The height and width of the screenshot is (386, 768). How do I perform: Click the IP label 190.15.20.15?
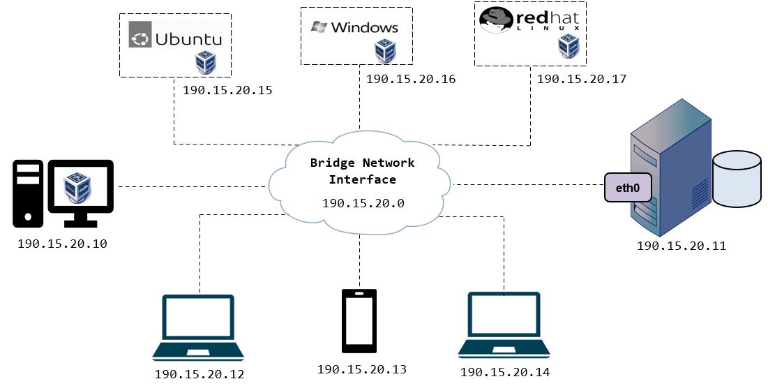(x=227, y=91)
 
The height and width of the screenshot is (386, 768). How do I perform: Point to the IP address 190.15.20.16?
(x=411, y=80)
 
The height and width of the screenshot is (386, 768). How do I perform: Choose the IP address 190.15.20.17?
(x=582, y=80)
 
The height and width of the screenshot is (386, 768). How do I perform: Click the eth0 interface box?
(x=628, y=188)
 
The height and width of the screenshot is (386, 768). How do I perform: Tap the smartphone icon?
(x=359, y=320)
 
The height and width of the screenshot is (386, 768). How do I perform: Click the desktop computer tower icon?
(x=28, y=193)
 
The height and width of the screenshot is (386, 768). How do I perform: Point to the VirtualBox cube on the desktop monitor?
(x=78, y=187)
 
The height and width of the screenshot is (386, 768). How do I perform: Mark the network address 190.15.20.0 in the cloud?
(x=363, y=205)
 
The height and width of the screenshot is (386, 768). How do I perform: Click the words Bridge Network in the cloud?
(x=362, y=163)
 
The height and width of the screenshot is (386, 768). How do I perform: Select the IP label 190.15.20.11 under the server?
(x=681, y=246)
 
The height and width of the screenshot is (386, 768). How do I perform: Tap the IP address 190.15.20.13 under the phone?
(x=361, y=369)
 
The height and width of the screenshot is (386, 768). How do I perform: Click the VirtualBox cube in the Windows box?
(x=385, y=51)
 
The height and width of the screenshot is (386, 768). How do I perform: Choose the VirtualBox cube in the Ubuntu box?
(x=205, y=62)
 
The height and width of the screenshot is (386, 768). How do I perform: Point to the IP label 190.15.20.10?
(x=62, y=244)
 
